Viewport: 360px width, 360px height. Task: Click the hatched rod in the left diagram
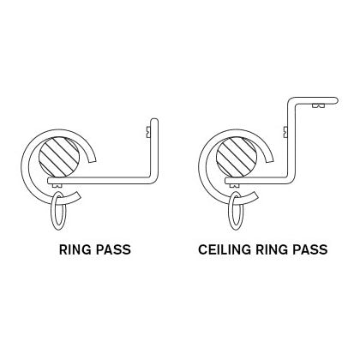pyautogui.click(x=59, y=157)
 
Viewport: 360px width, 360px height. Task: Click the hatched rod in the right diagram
pyautogui.click(x=237, y=157)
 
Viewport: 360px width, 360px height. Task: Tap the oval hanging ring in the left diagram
pyautogui.click(x=59, y=211)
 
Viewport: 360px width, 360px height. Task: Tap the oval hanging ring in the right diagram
pyautogui.click(x=236, y=211)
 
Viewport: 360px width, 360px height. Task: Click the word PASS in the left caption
pyautogui.click(x=113, y=249)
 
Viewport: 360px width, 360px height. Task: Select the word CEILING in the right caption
pyautogui.click(x=225, y=249)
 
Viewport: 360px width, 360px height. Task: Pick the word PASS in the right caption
pyautogui.click(x=310, y=249)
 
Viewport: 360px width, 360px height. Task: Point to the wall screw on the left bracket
pyautogui.click(x=148, y=132)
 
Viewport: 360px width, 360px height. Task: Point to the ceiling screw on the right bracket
pyautogui.click(x=319, y=105)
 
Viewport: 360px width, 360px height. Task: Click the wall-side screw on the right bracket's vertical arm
pyautogui.click(x=285, y=132)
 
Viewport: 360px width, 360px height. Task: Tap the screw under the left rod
pyautogui.click(x=57, y=186)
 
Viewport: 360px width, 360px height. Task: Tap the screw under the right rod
pyautogui.click(x=235, y=186)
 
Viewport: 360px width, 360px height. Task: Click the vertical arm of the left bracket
pyautogui.click(x=154, y=148)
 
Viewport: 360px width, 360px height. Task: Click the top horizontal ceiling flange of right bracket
pyautogui.click(x=315, y=100)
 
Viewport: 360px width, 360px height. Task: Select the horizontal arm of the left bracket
pyautogui.click(x=100, y=181)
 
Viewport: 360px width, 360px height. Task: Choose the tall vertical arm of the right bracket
pyautogui.click(x=291, y=140)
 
